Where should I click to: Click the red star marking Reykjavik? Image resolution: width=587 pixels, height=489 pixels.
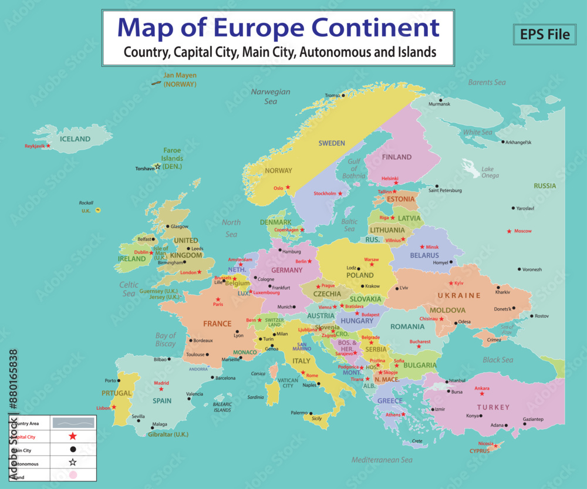coord(49,146)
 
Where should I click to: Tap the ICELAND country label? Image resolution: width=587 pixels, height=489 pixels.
coord(75,139)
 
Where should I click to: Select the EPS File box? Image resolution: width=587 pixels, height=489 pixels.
coord(544,34)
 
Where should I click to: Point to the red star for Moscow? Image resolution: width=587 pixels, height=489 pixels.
coord(509,231)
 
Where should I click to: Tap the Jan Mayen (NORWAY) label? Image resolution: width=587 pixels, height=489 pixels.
coord(180,80)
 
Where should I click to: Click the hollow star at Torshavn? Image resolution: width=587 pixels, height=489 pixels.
coord(157,167)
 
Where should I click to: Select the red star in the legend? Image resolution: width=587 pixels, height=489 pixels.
coord(73,436)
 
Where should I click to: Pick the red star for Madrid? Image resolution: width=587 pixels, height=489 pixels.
coord(161,389)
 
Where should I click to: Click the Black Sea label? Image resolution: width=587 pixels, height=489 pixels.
coord(498,360)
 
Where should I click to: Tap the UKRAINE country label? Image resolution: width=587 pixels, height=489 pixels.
coord(459,295)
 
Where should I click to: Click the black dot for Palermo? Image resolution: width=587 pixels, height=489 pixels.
coord(311,413)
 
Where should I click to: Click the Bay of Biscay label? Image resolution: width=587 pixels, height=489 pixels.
coord(166,340)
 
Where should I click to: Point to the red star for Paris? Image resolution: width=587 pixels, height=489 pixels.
coord(218,299)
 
